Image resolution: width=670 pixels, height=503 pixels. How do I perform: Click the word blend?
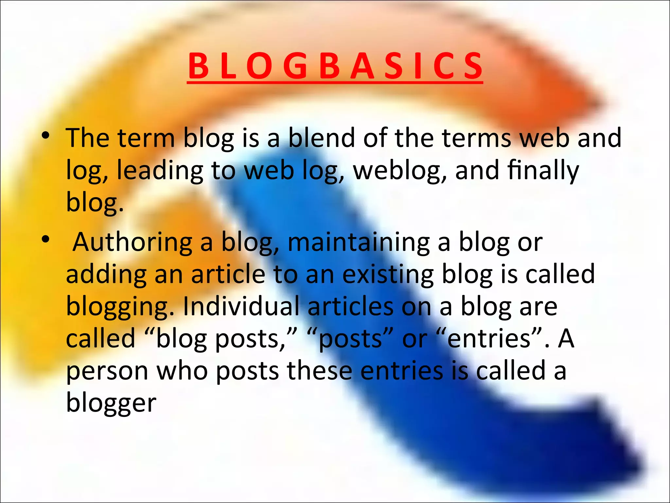(321, 138)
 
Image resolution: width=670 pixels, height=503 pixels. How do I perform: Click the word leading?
(160, 171)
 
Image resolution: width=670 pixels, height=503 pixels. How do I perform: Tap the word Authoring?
(132, 243)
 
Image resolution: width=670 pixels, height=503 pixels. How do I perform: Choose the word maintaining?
(359, 243)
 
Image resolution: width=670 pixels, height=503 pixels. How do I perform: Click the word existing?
(388, 274)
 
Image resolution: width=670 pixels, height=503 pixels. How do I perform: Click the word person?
(107, 371)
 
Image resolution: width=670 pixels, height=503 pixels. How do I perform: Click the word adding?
(106, 274)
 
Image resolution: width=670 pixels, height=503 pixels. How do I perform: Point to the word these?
(319, 371)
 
